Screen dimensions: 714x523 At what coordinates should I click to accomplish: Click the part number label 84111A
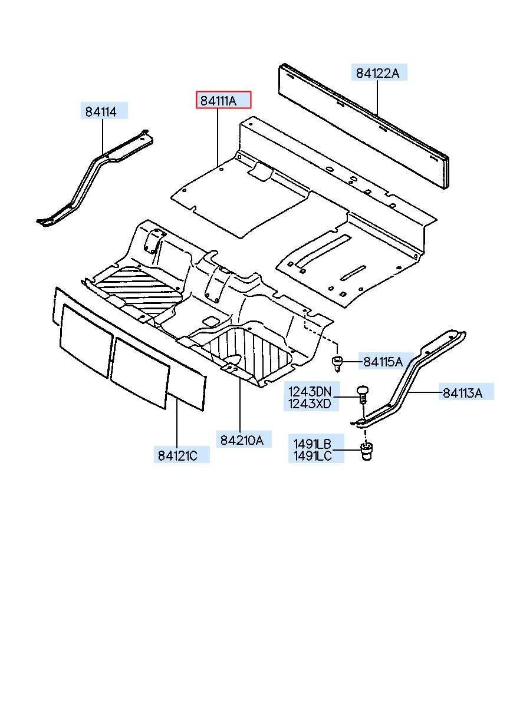pos(223,100)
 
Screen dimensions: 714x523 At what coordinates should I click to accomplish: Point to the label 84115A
pos(383,362)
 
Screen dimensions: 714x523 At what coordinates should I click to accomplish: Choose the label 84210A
pos(242,439)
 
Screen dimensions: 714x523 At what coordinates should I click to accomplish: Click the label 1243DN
pos(310,392)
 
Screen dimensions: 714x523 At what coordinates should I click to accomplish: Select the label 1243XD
pos(310,404)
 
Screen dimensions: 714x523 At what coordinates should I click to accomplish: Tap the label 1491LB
pos(310,443)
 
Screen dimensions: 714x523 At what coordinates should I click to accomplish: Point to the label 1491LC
pos(310,455)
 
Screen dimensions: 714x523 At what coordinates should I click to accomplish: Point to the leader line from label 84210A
pos(240,406)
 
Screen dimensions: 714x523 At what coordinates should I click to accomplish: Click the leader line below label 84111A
pos(218,135)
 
